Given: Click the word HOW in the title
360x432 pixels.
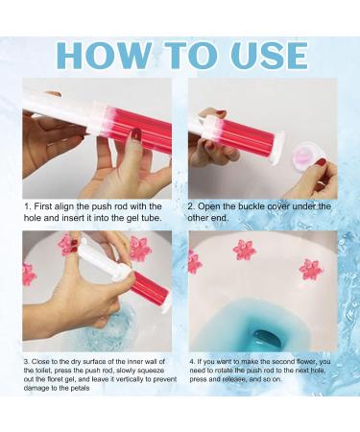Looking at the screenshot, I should click(x=98, y=55).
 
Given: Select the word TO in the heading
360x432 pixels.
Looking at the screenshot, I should click(x=182, y=55).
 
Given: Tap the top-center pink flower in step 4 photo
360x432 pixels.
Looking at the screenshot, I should click(x=244, y=250).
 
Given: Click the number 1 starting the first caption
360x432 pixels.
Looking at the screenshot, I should click(x=26, y=205).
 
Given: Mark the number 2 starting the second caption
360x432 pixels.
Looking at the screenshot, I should click(x=192, y=205).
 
